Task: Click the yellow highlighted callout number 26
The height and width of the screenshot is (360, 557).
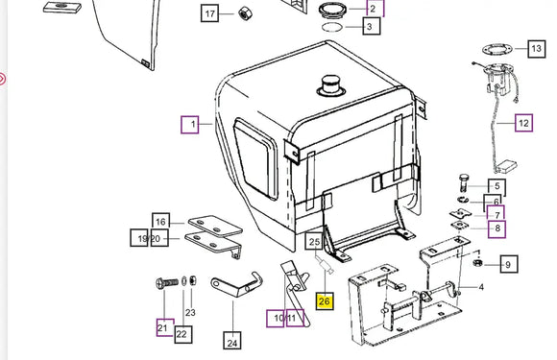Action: point(325,301)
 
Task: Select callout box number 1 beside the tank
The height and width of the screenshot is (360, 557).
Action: point(190,124)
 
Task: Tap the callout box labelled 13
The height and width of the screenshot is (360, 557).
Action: point(537,49)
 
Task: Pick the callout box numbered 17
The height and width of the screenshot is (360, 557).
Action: point(209,13)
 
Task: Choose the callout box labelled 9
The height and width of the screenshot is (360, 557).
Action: point(509,264)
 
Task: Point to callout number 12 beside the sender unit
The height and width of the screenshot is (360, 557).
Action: point(524,123)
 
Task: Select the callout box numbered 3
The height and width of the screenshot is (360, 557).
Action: point(372,26)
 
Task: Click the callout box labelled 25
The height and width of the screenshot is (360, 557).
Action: point(314,241)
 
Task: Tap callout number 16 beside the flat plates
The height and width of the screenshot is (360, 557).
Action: point(161,222)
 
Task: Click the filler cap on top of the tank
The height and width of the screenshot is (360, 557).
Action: point(330,85)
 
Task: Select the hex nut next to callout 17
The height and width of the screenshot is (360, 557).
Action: point(245,13)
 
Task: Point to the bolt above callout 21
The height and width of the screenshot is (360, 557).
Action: point(167,283)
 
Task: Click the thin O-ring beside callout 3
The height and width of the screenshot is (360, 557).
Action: point(332,27)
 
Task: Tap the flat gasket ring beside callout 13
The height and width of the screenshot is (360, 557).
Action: point(497,49)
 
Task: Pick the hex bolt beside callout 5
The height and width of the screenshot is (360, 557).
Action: point(464,182)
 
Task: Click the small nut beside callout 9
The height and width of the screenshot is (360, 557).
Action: point(478,263)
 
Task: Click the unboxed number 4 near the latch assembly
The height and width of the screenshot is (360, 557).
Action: point(481,287)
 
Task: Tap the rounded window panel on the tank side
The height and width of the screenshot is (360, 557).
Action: point(255,158)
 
